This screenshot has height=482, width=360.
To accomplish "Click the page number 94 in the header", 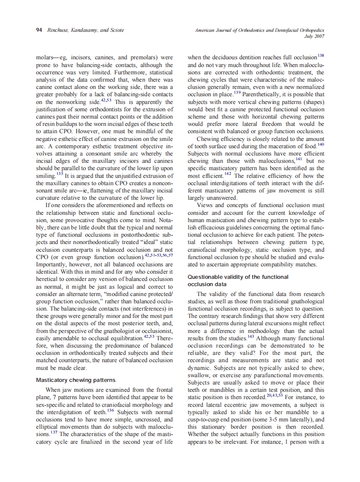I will coord(39,30).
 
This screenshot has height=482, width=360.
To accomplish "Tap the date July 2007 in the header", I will coord(314,36).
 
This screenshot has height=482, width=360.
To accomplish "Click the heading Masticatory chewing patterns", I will coord(76,380).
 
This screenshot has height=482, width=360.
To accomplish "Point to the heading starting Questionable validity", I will coord(238,277).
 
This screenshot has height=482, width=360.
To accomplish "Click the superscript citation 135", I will coord(59,174).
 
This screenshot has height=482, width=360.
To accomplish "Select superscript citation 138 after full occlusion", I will coord(320,55).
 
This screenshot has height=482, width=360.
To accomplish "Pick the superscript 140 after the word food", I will coord(321,144).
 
